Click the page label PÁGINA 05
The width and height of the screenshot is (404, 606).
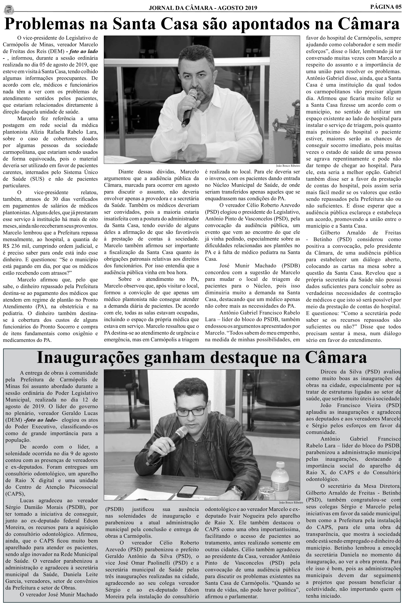point(386,7)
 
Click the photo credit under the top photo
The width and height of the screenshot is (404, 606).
point(288,166)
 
